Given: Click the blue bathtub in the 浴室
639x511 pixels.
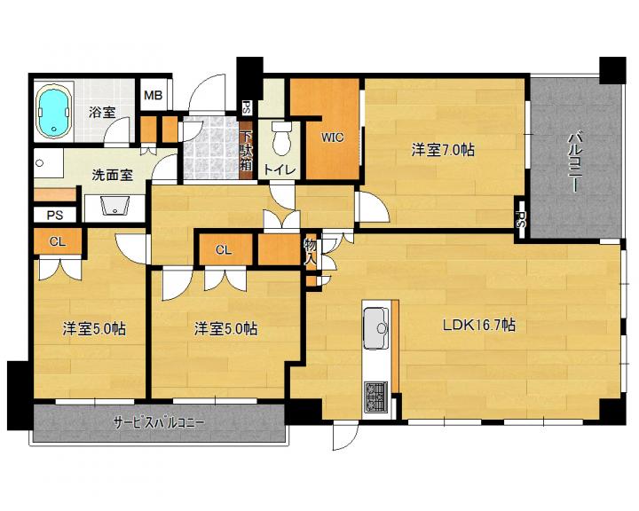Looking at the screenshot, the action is (x=54, y=111).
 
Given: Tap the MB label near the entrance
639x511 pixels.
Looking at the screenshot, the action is (x=153, y=96).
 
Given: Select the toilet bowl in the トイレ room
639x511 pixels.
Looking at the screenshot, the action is (x=281, y=138).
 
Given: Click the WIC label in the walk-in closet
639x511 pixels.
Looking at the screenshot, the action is (x=333, y=138).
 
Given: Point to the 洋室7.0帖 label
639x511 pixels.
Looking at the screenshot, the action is (x=443, y=150).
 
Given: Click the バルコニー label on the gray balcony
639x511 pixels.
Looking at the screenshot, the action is (x=575, y=161).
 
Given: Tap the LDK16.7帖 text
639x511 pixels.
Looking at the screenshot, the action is (x=479, y=326).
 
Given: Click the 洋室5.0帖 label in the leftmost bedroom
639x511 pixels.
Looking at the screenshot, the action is (x=94, y=328).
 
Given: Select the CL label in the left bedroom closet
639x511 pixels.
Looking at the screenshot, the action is (x=58, y=241).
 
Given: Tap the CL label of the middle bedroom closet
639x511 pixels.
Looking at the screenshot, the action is (x=224, y=250).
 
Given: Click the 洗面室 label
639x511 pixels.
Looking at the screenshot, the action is (x=113, y=176).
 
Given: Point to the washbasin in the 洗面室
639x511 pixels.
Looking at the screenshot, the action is (x=115, y=206).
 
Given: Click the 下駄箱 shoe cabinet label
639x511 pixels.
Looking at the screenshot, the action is (x=246, y=151).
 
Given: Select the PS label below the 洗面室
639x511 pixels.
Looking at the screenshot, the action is (x=55, y=215).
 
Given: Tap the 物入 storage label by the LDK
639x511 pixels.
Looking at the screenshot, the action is (x=311, y=252).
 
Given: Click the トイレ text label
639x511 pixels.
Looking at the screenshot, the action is (x=279, y=169).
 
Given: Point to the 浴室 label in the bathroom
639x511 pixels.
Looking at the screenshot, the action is (x=102, y=112).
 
